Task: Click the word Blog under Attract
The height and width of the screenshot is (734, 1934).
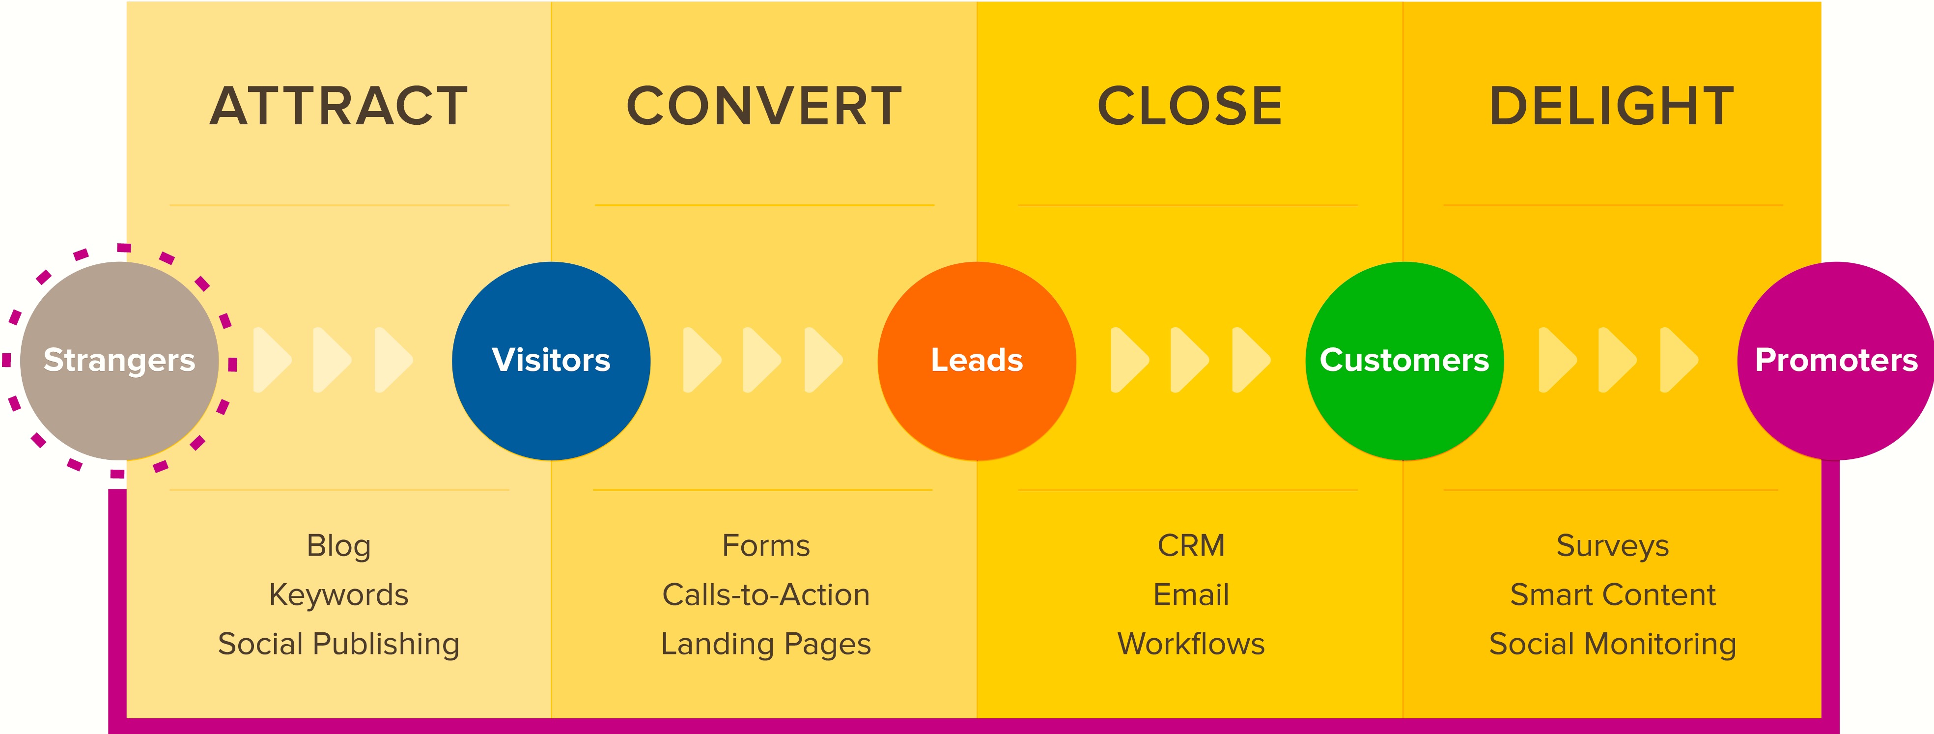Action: coord(338,546)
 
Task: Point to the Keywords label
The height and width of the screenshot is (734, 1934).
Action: coord(338,594)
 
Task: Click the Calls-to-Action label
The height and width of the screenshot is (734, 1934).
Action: coord(766,594)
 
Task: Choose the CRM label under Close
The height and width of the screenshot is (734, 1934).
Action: coord(1191,546)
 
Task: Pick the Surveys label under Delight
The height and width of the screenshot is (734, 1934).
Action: coord(1612,546)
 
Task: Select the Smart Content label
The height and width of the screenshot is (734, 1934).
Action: coord(1612,594)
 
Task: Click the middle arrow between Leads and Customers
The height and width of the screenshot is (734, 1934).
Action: coord(1188,360)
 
